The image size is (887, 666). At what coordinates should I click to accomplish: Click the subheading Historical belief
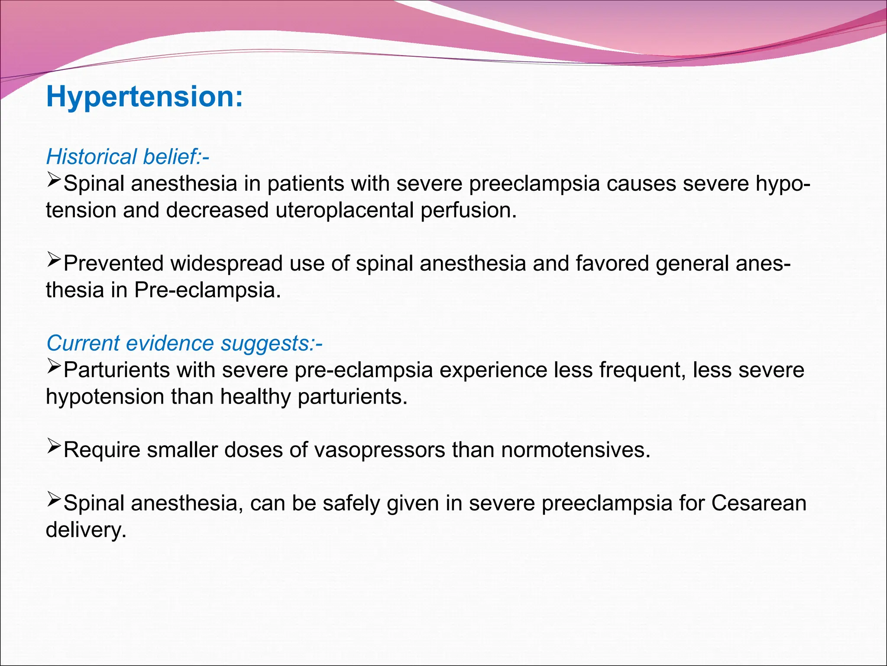127,157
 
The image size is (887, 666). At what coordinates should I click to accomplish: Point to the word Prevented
113,264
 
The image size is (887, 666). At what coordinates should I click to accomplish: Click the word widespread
226,264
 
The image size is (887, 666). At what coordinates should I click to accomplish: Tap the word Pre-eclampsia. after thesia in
207,290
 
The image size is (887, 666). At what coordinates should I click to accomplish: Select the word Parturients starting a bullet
116,370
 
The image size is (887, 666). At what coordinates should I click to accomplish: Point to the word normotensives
576,450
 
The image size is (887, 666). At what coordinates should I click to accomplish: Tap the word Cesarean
759,503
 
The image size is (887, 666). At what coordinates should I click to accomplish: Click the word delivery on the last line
86,530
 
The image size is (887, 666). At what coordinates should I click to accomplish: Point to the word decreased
217,210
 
